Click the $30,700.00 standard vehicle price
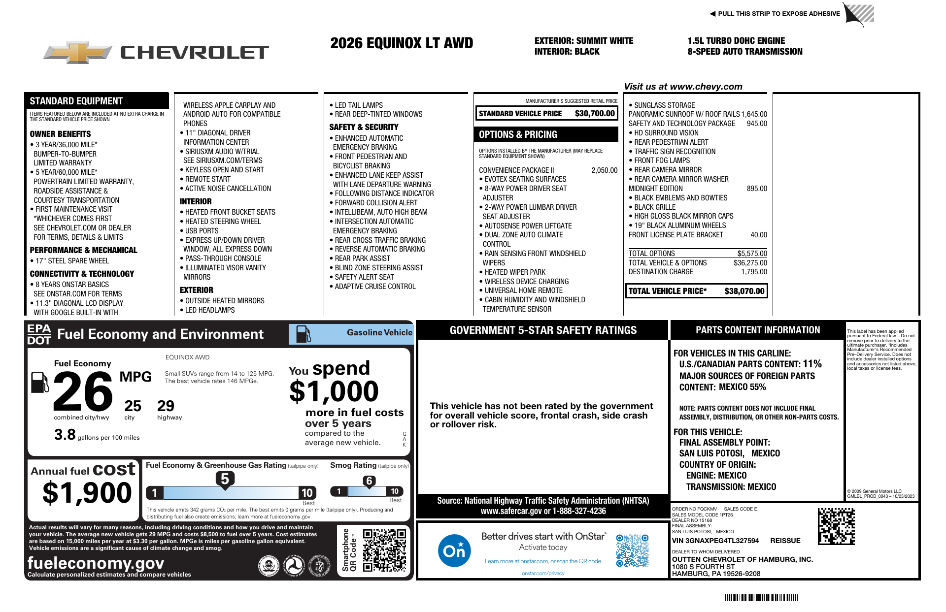(595, 113)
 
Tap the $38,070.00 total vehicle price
(744, 291)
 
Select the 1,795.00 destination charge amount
(754, 272)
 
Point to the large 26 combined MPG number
(83, 392)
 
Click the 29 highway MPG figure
(166, 406)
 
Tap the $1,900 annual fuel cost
(87, 493)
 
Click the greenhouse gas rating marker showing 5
(225, 479)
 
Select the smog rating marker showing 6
(369, 481)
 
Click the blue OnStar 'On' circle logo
(454, 550)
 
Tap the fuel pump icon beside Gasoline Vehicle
(303, 334)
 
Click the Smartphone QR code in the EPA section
(384, 550)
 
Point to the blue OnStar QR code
(632, 550)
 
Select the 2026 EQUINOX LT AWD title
(402, 43)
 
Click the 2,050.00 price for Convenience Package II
(604, 170)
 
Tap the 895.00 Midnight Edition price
(757, 189)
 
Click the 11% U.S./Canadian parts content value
(812, 364)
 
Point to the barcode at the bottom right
(761, 598)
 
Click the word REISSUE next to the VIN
(785, 541)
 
